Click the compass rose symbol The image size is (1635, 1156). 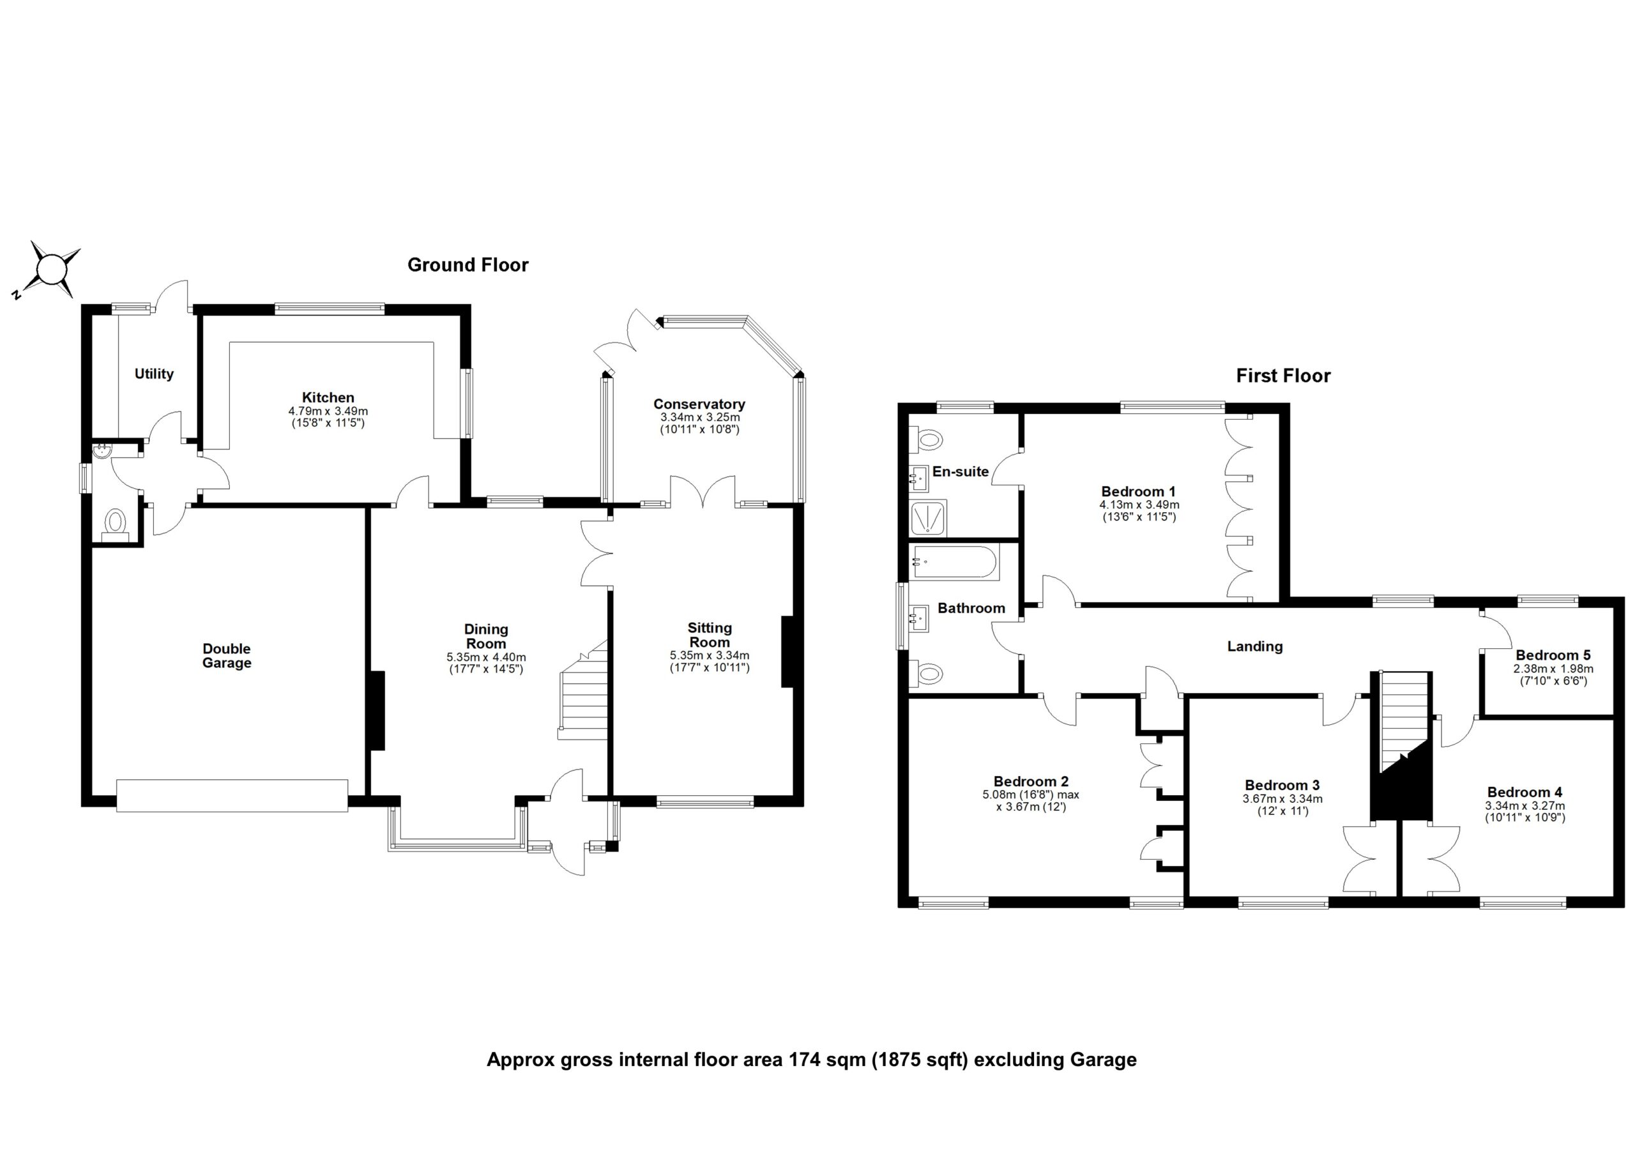51,271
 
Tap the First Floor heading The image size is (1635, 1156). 1282,376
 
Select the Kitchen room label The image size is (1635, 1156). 328,397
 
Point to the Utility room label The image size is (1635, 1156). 154,374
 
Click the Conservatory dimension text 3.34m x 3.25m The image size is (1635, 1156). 699,418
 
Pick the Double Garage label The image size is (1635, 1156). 227,655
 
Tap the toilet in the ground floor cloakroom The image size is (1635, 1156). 116,523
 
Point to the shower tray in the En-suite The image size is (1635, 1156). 929,519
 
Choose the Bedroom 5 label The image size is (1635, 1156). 1553,655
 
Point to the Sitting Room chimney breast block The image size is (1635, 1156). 787,651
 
